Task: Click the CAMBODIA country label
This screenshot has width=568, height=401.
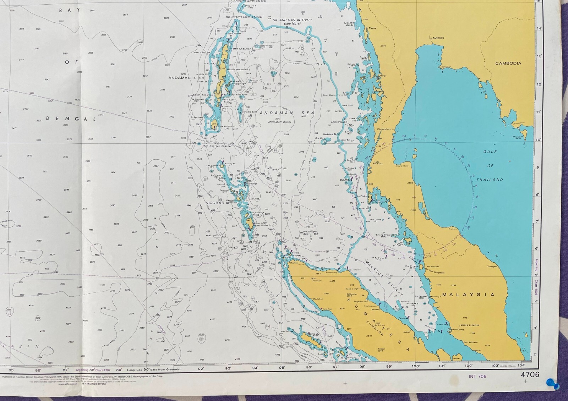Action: [x=508, y=63]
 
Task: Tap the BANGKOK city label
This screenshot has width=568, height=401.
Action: [x=438, y=38]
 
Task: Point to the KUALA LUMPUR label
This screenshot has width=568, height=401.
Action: [x=471, y=325]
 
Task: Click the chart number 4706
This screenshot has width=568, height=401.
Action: [x=530, y=375]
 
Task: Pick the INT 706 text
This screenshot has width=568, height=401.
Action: [x=477, y=377]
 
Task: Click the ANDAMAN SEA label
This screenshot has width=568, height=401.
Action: [x=287, y=113]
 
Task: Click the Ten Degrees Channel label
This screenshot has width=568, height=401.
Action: [x=217, y=146]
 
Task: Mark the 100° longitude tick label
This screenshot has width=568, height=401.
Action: [x=416, y=366]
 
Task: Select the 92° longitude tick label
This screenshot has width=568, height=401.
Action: [x=201, y=369]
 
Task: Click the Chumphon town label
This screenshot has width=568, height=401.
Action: [x=383, y=129]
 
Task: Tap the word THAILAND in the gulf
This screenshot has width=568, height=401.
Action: [x=490, y=180]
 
